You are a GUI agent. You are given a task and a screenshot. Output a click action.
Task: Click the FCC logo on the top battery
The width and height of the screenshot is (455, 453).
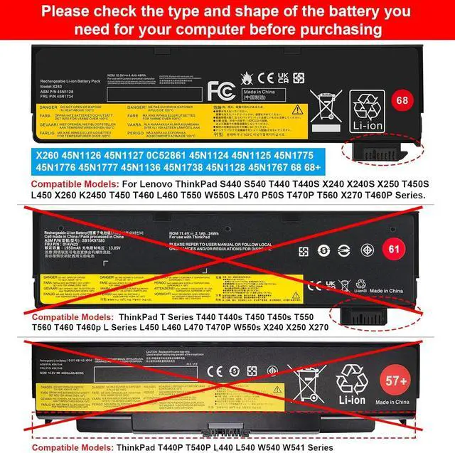click(218, 92)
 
